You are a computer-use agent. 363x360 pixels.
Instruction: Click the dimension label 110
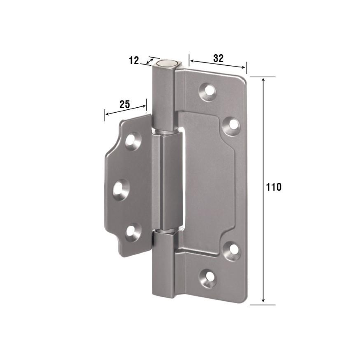tap(273, 187)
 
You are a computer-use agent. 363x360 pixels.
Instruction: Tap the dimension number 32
tap(218, 58)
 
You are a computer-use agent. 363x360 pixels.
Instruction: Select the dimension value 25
tap(125, 104)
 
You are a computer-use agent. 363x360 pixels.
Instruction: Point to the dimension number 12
tap(133, 61)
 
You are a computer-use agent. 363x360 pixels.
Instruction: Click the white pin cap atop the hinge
tap(166, 63)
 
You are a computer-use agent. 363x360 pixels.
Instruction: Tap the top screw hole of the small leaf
tap(133, 141)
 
